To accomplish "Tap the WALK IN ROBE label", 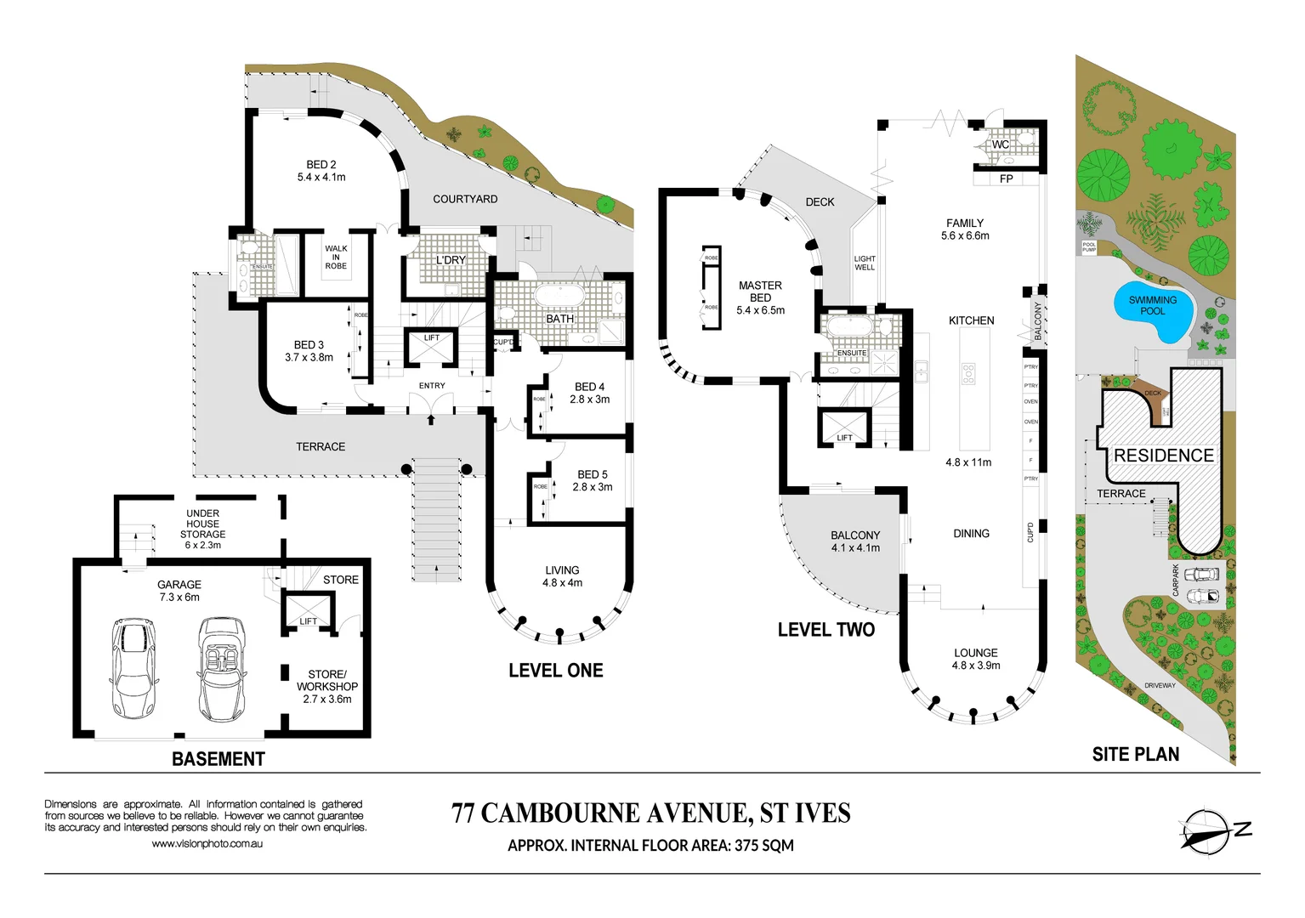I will (336, 258).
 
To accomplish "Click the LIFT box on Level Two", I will (844, 428).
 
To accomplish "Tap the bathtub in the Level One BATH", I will (558, 297).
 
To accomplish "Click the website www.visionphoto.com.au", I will (207, 844).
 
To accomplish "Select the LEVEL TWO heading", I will (826, 630).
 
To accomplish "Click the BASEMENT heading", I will (218, 759).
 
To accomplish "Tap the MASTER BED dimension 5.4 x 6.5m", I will (760, 310).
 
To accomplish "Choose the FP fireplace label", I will (1006, 179).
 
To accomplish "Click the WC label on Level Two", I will (1001, 144).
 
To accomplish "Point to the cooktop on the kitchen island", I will (967, 374).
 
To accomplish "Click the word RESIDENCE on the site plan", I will (1163, 456).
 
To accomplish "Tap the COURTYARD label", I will (465, 199).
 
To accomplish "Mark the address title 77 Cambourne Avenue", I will (650, 813).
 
